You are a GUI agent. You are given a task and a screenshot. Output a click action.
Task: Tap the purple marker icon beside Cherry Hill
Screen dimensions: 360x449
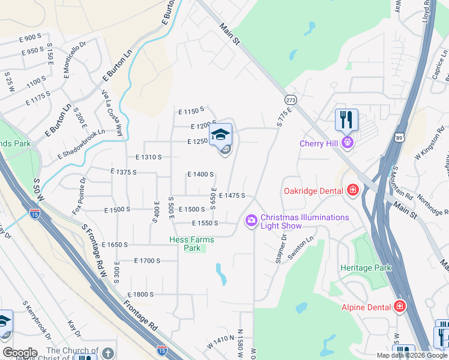click(347, 143)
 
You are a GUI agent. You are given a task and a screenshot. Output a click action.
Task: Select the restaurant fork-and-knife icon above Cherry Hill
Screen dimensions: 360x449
click(347, 119)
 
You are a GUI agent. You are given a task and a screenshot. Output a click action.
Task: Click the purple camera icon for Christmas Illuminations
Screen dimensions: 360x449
click(251, 221)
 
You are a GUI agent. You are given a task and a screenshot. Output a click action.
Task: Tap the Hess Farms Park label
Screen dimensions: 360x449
click(191, 244)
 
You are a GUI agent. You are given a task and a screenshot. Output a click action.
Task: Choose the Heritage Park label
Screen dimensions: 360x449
click(365, 268)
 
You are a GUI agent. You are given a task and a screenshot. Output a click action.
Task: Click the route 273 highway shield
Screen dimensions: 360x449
click(291, 100)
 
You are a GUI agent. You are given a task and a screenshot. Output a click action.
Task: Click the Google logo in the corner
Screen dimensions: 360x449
click(20, 353)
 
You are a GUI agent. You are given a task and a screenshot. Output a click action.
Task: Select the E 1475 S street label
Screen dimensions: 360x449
click(232, 196)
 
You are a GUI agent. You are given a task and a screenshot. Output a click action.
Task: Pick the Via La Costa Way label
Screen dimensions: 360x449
click(112, 113)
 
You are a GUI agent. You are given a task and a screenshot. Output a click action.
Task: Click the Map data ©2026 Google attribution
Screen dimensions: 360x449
click(411, 355)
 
